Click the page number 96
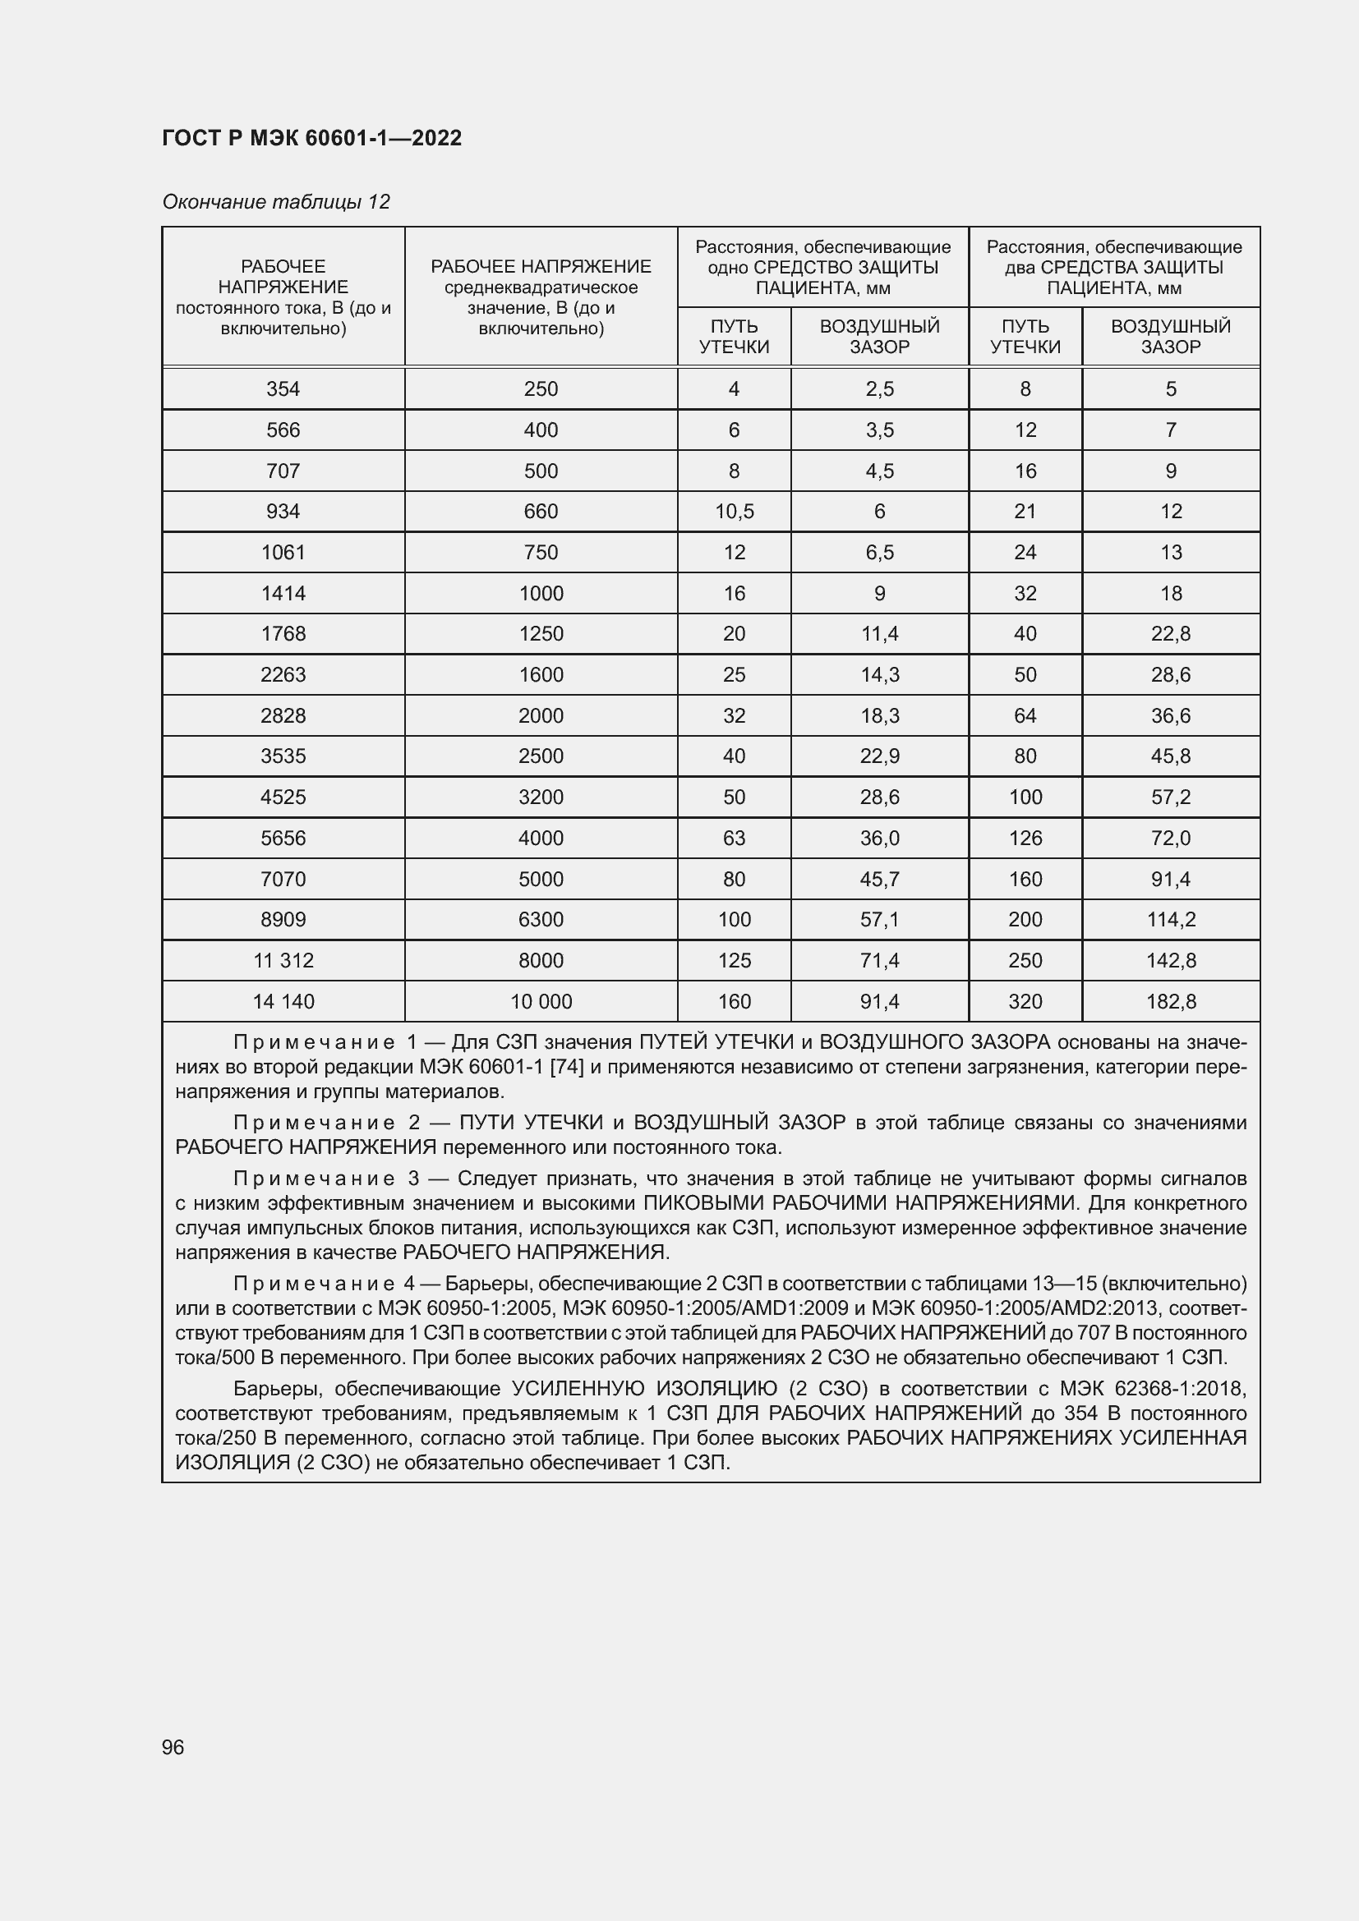click(x=173, y=1747)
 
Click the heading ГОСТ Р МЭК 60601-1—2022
click(x=311, y=138)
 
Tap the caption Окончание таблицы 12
click(x=275, y=202)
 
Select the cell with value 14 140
click(x=283, y=1001)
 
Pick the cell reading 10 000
click(x=541, y=1001)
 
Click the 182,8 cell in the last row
click(x=1170, y=1001)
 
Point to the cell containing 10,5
click(x=734, y=511)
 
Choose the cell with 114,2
click(x=1170, y=920)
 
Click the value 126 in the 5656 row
click(x=1025, y=838)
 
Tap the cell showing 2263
click(x=283, y=674)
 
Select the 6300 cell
click(x=541, y=920)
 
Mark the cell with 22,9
click(x=878, y=756)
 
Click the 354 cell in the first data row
click(x=283, y=389)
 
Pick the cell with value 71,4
click(x=878, y=961)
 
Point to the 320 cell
click(x=1025, y=1001)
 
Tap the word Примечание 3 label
click(x=325, y=1179)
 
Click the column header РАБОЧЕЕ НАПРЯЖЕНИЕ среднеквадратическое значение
click(x=541, y=297)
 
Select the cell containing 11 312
click(x=283, y=961)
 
